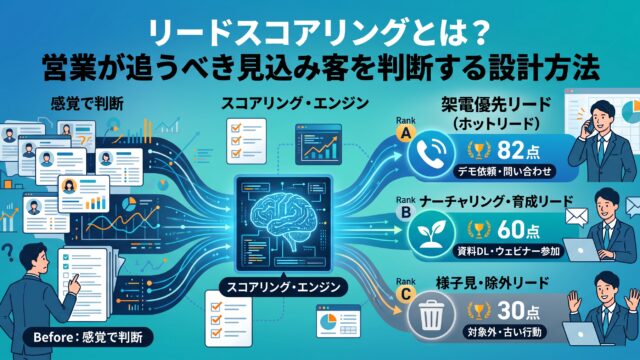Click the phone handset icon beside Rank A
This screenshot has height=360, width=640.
pyautogui.click(x=431, y=153)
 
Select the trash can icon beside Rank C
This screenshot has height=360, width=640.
pyautogui.click(x=431, y=316)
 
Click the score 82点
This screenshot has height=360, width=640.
pyautogui.click(x=518, y=150)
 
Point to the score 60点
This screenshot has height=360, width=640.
pyautogui.click(x=518, y=230)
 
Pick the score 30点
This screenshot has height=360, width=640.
pyautogui.click(x=518, y=311)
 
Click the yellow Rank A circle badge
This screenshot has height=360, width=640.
pyautogui.click(x=406, y=133)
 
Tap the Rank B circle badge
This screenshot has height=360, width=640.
pyautogui.click(x=406, y=213)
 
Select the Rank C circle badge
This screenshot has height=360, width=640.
pyautogui.click(x=406, y=294)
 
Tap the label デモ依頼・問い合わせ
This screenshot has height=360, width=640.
pyautogui.click(x=504, y=171)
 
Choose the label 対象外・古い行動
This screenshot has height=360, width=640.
pyautogui.click(x=504, y=332)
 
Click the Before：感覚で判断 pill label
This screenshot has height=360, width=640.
pyautogui.click(x=88, y=337)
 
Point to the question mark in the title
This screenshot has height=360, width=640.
pyautogui.click(x=476, y=32)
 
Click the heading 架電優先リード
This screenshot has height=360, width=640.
pyautogui.click(x=496, y=105)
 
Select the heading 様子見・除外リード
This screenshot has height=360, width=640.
pyautogui.click(x=492, y=283)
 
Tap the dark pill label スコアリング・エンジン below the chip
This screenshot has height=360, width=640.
pyautogui.click(x=283, y=287)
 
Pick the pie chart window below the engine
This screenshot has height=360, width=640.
pyautogui.click(x=338, y=321)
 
